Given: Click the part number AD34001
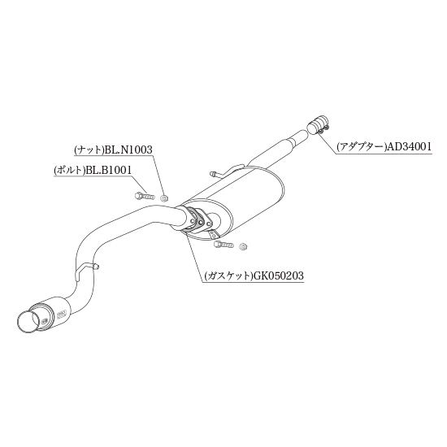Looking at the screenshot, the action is tap(409, 147).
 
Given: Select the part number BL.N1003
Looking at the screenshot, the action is tap(128, 150).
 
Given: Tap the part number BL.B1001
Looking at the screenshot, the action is tap(108, 171).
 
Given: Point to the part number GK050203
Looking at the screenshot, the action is tap(279, 276).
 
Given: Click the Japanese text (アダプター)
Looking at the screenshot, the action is tap(362, 147).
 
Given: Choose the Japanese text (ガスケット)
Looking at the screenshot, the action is tap(229, 276).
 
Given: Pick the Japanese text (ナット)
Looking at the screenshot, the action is tap(89, 150).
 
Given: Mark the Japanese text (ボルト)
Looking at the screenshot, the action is tap(69, 171).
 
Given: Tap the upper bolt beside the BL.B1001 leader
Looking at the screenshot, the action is tap(144, 196).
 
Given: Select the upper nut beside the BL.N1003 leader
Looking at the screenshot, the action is tap(164, 197).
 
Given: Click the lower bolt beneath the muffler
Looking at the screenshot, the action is tap(223, 245).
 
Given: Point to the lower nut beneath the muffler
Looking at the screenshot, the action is tap(243, 246).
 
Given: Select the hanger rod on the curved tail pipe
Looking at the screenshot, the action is tap(85, 268).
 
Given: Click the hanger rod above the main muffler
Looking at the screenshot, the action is tap(227, 171).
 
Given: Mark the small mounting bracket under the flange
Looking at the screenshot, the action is tap(213, 234).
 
